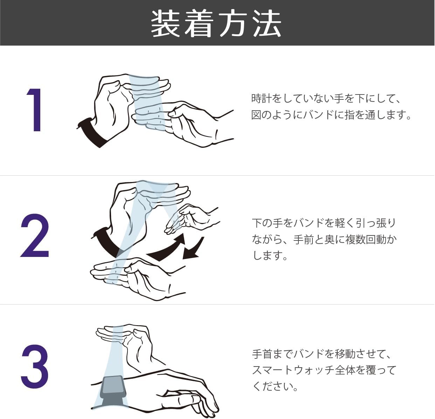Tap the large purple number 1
click(x=34, y=110)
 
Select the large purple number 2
click(x=35, y=235)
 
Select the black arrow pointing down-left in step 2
click(x=193, y=249)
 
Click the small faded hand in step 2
click(x=190, y=219)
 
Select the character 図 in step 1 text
click(x=256, y=115)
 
